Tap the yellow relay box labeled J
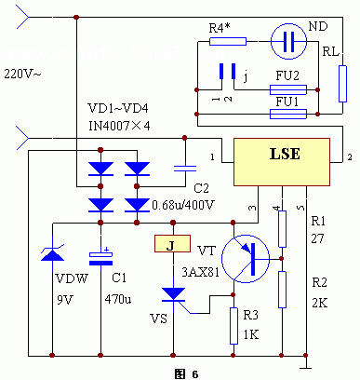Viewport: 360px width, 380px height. pos(171,246)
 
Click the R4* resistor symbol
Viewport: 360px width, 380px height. pos(227,41)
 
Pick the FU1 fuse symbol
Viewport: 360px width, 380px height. pos(287,113)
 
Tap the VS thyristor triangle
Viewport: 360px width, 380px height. pos(172,295)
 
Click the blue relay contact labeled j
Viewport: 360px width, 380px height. pos(223,73)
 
